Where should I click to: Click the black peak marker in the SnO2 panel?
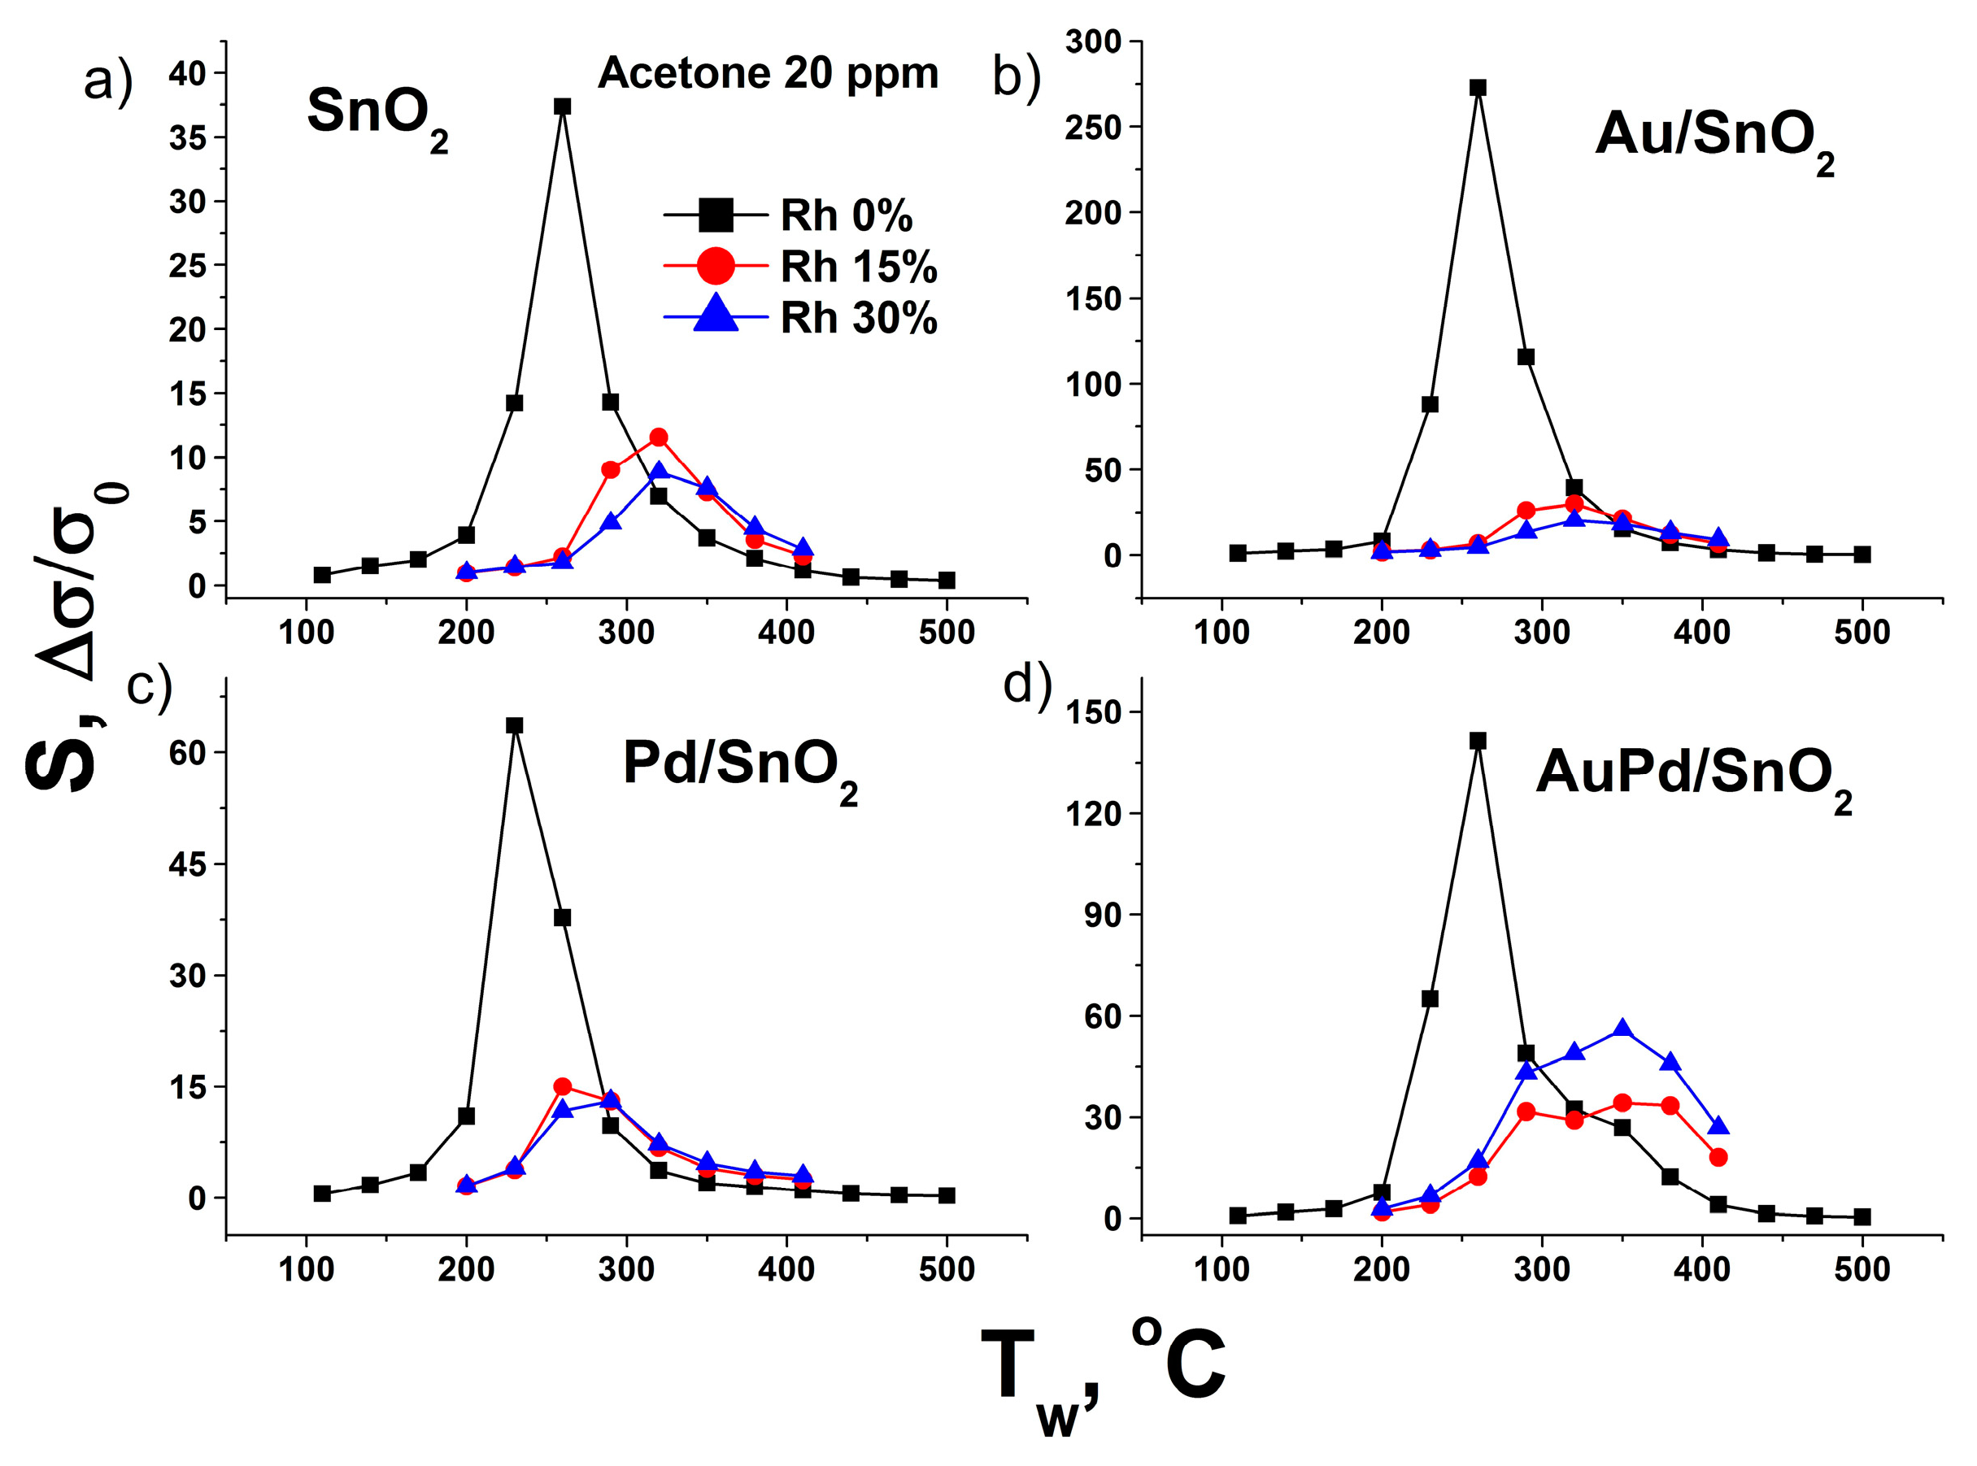click(562, 107)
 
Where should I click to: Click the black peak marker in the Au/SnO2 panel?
click(1478, 88)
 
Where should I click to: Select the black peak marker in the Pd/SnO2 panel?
click(514, 725)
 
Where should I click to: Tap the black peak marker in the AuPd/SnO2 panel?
click(1478, 740)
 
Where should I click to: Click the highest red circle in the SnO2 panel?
click(658, 437)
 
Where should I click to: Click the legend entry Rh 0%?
click(845, 215)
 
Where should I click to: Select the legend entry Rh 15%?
click(857, 268)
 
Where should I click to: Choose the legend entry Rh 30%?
click(857, 318)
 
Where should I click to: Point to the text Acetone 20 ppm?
click(768, 72)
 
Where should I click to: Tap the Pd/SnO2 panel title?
click(739, 765)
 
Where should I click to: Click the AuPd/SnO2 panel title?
click(1692, 775)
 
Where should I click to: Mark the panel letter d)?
click(1026, 684)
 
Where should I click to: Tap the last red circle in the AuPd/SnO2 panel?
click(1718, 1157)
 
